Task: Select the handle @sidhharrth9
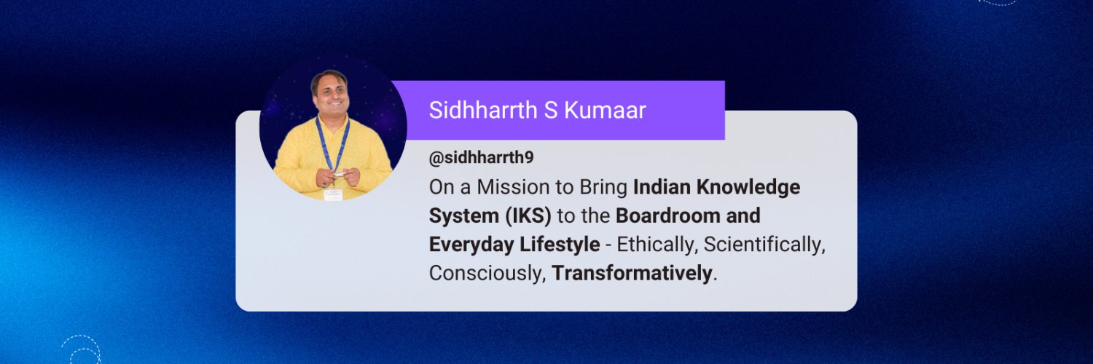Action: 481,157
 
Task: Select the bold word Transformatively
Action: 631,274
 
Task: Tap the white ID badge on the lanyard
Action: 333,194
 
